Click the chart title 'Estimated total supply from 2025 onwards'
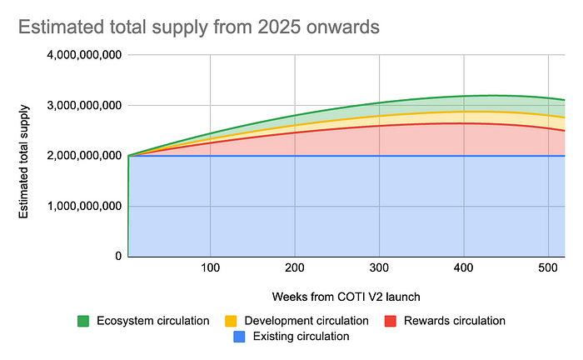[198, 27]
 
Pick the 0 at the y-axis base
[118, 256]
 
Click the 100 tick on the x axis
[211, 269]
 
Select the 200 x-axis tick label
[295, 269]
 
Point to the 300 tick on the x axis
[380, 269]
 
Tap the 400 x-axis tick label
[464, 269]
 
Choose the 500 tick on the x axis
[549, 269]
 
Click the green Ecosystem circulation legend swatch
[82, 321]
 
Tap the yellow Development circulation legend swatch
[232, 321]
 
